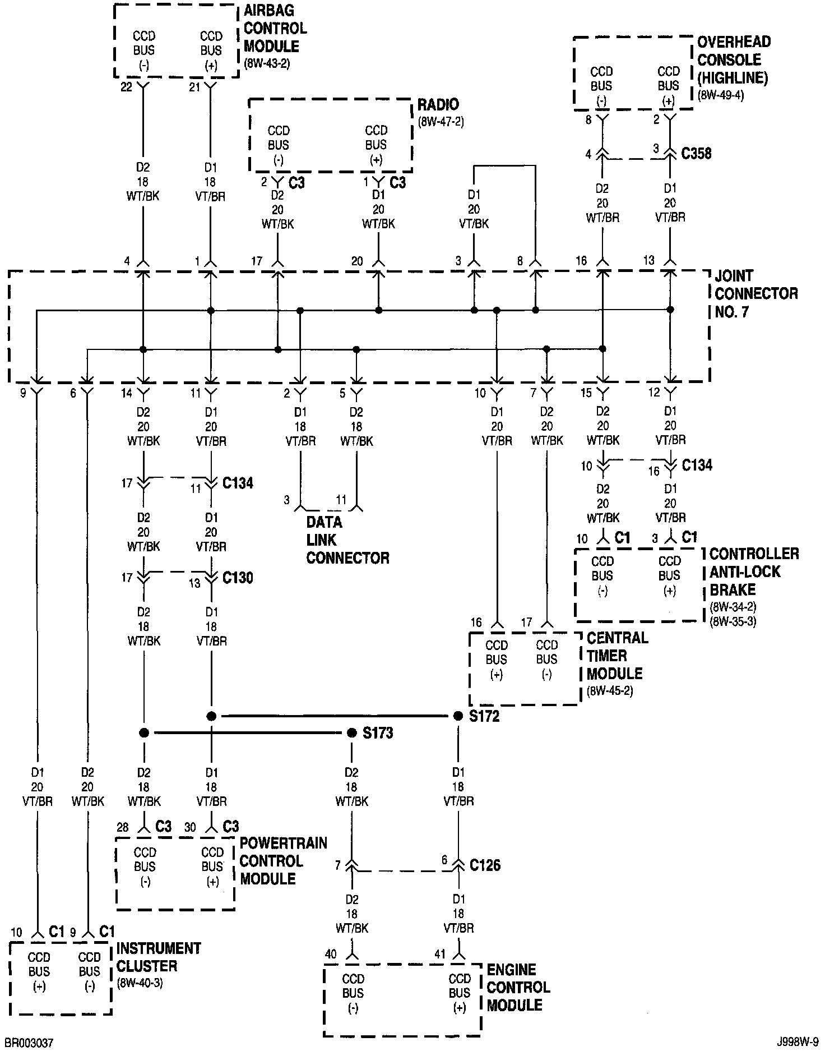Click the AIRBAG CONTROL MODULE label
pos(275,28)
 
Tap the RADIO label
pos(438,104)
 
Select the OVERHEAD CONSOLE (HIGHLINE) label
pos(733,59)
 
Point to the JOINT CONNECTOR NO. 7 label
pos(756,293)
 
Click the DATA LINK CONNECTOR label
pos(347,540)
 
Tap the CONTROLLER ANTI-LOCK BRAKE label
pos(754,571)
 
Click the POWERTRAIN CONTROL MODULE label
pos(283,861)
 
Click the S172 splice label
pos(484,716)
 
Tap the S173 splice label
pos(378,733)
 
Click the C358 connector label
pos(696,153)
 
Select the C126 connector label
pos(485,865)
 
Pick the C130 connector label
pos(238,578)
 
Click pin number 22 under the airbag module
pos(127,87)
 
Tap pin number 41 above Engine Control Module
pos(440,953)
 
